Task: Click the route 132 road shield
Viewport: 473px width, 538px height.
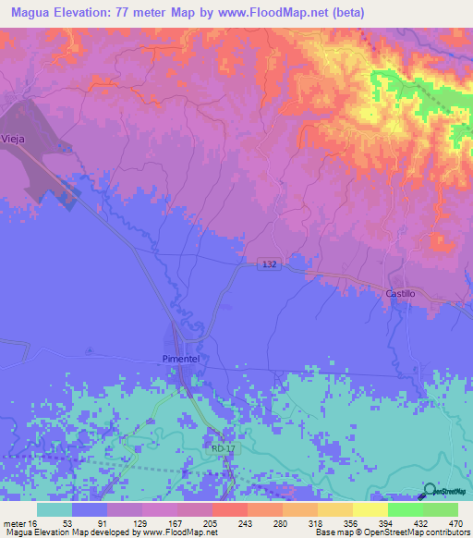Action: [268, 265]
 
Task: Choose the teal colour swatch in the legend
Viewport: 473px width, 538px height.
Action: [55, 509]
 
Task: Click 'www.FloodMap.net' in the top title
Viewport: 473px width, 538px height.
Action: [283, 13]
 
